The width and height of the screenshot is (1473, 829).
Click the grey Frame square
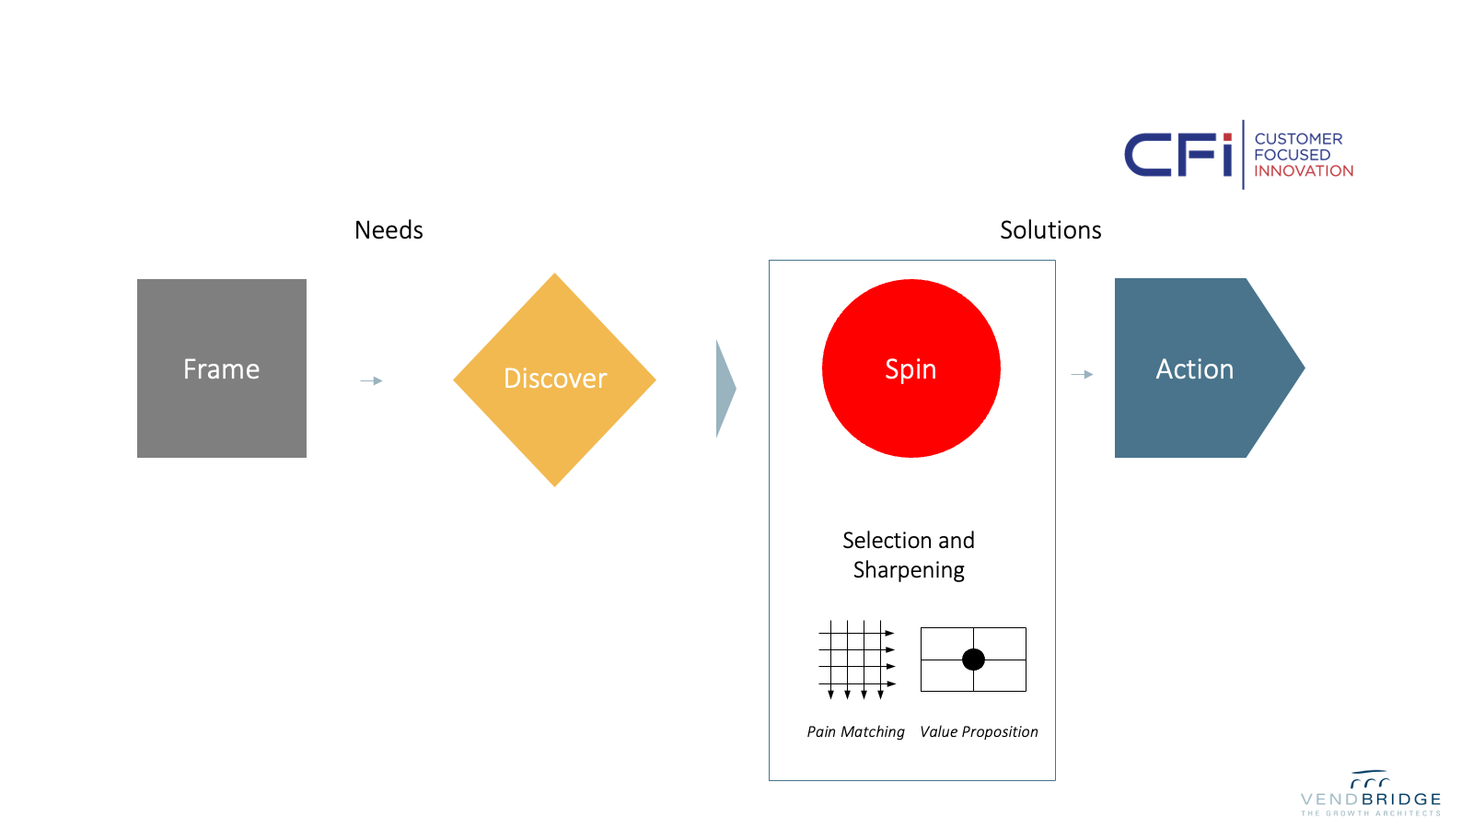click(222, 368)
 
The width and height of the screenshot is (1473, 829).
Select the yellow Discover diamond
click(554, 379)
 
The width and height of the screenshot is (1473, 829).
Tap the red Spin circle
click(910, 368)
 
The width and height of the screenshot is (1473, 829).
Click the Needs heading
click(389, 230)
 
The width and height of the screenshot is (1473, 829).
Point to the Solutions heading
click(1050, 230)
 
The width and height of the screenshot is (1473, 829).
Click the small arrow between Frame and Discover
click(371, 380)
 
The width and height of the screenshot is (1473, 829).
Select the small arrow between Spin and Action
click(1083, 374)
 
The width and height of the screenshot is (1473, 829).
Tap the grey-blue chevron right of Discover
click(725, 389)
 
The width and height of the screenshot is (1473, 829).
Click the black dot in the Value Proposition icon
click(973, 660)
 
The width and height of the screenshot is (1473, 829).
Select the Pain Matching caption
click(855, 731)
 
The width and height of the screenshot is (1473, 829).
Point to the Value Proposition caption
click(979, 731)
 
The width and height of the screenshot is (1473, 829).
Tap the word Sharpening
click(909, 570)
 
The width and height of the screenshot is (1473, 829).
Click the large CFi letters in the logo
click(1177, 155)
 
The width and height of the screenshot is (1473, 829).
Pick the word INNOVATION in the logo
click(1304, 171)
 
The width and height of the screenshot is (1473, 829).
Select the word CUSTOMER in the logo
click(1298, 139)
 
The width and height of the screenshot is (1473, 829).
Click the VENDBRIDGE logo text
click(1371, 800)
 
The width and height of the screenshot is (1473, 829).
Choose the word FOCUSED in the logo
click(1292, 155)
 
